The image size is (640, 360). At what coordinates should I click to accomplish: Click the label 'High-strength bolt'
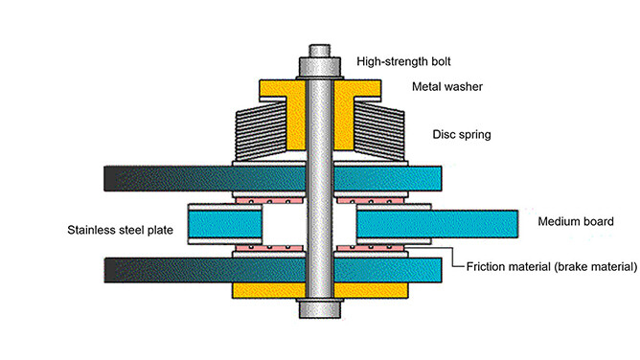403,61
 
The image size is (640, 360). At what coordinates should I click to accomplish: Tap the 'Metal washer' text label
447,86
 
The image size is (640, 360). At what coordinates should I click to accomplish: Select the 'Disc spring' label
462,135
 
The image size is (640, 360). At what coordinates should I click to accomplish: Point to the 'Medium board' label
576,221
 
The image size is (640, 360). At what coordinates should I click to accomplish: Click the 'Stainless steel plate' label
120,230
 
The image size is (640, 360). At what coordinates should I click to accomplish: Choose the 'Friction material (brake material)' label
552,266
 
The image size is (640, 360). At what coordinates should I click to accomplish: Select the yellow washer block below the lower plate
320,290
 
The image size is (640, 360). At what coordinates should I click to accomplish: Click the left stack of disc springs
261,131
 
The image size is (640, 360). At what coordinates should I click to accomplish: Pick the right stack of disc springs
379,131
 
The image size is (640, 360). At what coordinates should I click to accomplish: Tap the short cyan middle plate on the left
225,224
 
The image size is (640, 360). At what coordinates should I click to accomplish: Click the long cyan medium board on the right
438,224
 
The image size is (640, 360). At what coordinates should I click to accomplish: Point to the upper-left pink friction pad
269,201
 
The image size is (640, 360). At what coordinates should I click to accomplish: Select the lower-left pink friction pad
269,248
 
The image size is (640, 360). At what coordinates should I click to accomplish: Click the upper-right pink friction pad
371,201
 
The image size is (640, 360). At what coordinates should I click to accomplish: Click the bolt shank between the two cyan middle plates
320,224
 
